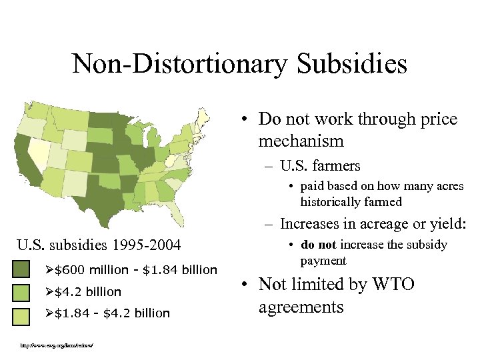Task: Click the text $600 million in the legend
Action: pyautogui.click(x=91, y=269)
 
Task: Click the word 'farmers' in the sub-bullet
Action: pyautogui.click(x=338, y=163)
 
